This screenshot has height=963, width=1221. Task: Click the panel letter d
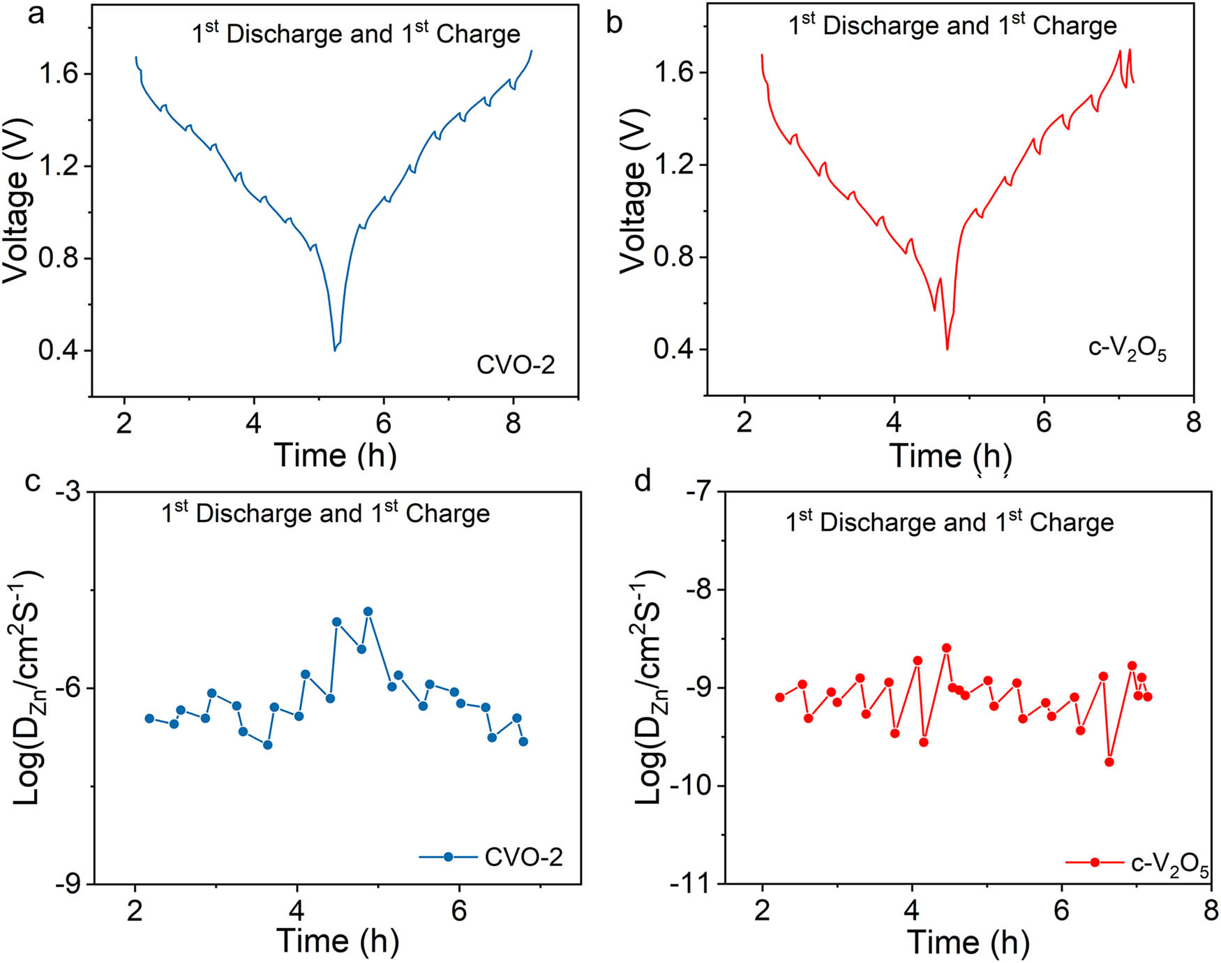pyautogui.click(x=642, y=481)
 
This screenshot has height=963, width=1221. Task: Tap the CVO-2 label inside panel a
pyautogui.click(x=516, y=365)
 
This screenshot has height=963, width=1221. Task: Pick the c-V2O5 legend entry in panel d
pyautogui.click(x=1138, y=864)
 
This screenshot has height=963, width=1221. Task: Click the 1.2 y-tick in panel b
pyautogui.click(x=674, y=165)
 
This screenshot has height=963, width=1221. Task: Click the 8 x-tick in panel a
pyautogui.click(x=514, y=424)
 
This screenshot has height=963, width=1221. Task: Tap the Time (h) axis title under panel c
pyautogui.click(x=338, y=941)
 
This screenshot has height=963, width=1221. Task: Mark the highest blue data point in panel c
pyautogui.click(x=368, y=611)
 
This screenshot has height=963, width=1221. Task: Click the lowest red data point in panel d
pyautogui.click(x=1109, y=762)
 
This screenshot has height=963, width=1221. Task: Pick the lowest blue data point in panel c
pyautogui.click(x=267, y=745)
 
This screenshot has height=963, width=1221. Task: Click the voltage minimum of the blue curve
pyautogui.click(x=335, y=350)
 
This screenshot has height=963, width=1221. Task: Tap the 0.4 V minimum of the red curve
pyautogui.click(x=947, y=349)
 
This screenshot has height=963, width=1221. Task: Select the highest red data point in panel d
pyautogui.click(x=947, y=648)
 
